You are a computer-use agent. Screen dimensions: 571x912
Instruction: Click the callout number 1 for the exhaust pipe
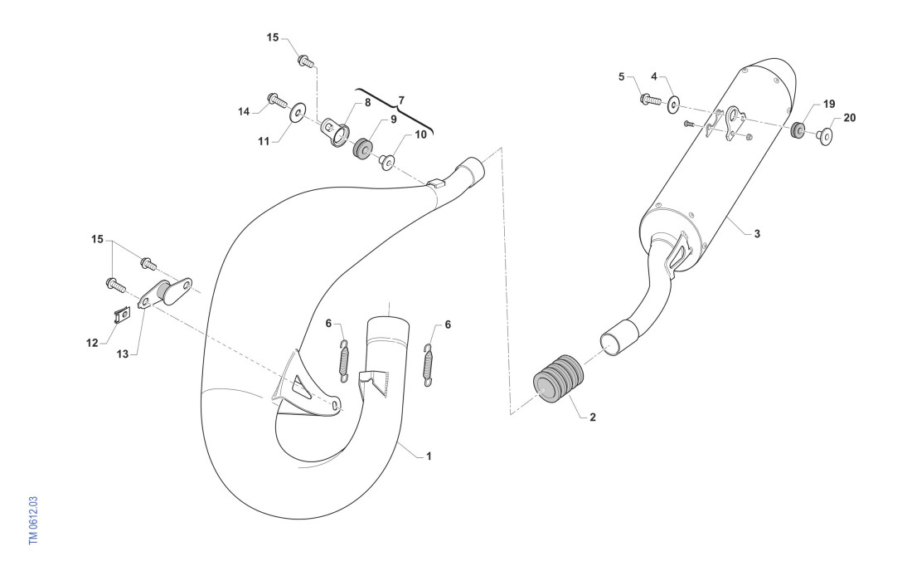click(x=428, y=456)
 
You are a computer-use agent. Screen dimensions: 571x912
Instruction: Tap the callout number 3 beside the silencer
click(x=757, y=234)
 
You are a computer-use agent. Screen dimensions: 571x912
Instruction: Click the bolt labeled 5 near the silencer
click(x=648, y=100)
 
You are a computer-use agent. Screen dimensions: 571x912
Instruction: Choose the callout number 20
click(x=849, y=118)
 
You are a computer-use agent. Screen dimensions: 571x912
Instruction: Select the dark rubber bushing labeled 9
click(x=362, y=150)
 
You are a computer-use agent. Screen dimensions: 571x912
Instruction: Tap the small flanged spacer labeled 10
click(x=387, y=161)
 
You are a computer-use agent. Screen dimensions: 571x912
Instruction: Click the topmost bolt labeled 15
click(x=303, y=60)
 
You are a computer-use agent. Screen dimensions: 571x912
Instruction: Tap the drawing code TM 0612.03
click(x=33, y=518)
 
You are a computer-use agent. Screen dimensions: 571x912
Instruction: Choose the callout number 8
click(x=368, y=104)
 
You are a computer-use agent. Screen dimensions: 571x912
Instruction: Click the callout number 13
click(x=123, y=354)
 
